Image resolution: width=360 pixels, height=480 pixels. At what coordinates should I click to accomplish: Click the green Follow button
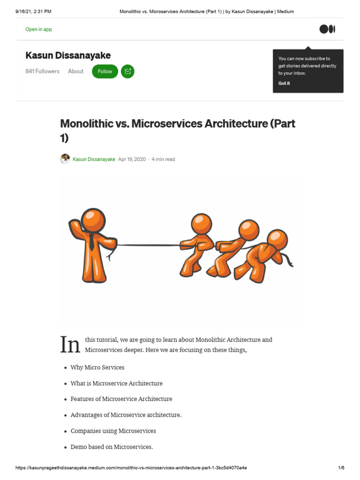point(105,71)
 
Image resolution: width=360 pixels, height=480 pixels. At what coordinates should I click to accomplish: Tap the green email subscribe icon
point(127,71)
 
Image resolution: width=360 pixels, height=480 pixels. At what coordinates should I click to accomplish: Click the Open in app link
point(38,29)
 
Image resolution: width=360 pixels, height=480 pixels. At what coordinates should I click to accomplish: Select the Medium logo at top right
point(327,29)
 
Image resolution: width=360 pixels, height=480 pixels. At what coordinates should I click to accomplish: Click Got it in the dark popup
point(284,83)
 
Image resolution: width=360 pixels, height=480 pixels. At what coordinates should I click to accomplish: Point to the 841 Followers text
point(42,71)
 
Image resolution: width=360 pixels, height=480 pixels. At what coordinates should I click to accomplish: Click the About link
point(75,71)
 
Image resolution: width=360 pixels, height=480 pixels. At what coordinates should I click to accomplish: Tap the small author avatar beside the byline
point(65,159)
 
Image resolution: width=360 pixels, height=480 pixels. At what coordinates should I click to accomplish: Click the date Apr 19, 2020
point(132,159)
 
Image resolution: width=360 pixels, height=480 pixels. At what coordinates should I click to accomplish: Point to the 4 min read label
point(163,159)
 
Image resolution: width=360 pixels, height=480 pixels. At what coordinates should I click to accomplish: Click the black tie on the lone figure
point(91,241)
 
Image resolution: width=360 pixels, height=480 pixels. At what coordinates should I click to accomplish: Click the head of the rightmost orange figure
point(277,240)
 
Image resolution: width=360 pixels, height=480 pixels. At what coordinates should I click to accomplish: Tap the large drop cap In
point(71,345)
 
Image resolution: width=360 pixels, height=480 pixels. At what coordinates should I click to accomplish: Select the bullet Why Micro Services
point(97,367)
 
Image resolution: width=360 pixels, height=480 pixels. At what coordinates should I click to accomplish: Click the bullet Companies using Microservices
point(113,431)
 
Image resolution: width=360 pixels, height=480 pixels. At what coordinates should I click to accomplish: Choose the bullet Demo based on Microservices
point(112,447)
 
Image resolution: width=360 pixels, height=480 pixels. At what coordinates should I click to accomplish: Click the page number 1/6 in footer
point(341,468)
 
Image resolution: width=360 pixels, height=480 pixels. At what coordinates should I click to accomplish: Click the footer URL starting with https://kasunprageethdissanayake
point(131,468)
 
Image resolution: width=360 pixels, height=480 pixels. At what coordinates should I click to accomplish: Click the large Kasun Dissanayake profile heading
point(68,56)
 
